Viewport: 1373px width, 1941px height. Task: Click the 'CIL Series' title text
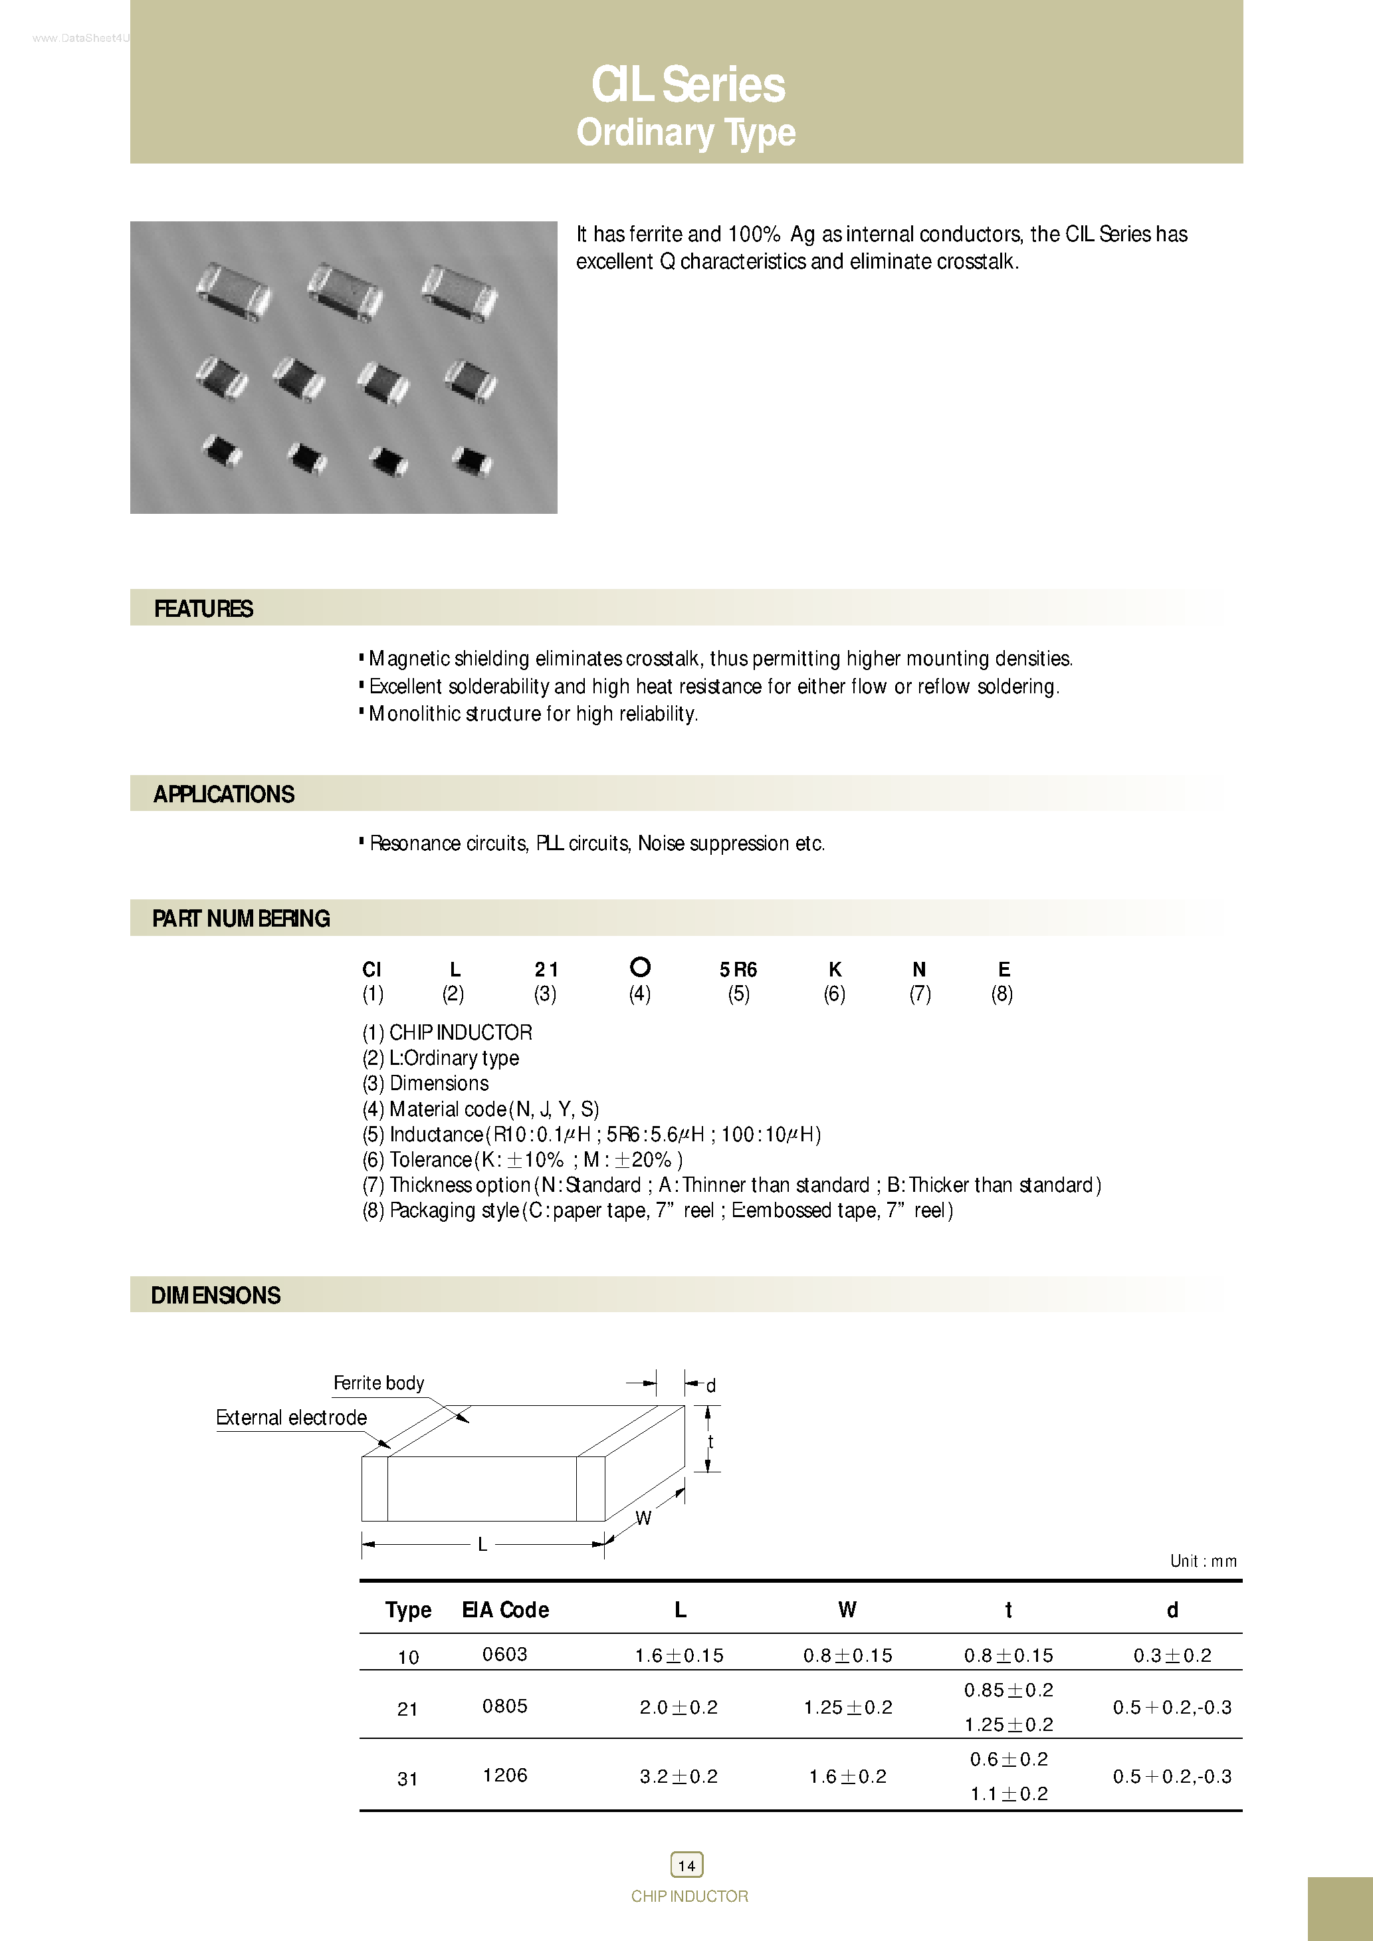[687, 84]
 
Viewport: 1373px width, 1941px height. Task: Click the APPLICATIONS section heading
[224, 794]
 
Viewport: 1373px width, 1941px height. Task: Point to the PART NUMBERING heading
[241, 919]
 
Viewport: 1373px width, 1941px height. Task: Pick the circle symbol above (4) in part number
[641, 967]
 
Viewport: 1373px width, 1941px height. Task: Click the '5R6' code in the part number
[738, 970]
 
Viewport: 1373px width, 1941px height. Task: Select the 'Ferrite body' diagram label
[378, 1383]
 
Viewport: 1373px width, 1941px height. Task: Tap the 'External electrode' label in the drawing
[291, 1418]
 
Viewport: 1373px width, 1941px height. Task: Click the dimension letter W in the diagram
[643, 1518]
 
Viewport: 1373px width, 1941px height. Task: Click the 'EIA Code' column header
[506, 1609]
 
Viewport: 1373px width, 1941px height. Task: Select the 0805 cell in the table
[504, 1706]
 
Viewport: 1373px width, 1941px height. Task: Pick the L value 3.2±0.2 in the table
[679, 1776]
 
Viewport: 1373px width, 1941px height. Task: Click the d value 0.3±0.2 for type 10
[1172, 1655]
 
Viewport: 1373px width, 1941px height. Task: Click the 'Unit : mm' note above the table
[1203, 1561]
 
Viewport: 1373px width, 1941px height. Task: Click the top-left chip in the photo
[233, 292]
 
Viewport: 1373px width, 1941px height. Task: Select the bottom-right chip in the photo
[472, 461]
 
